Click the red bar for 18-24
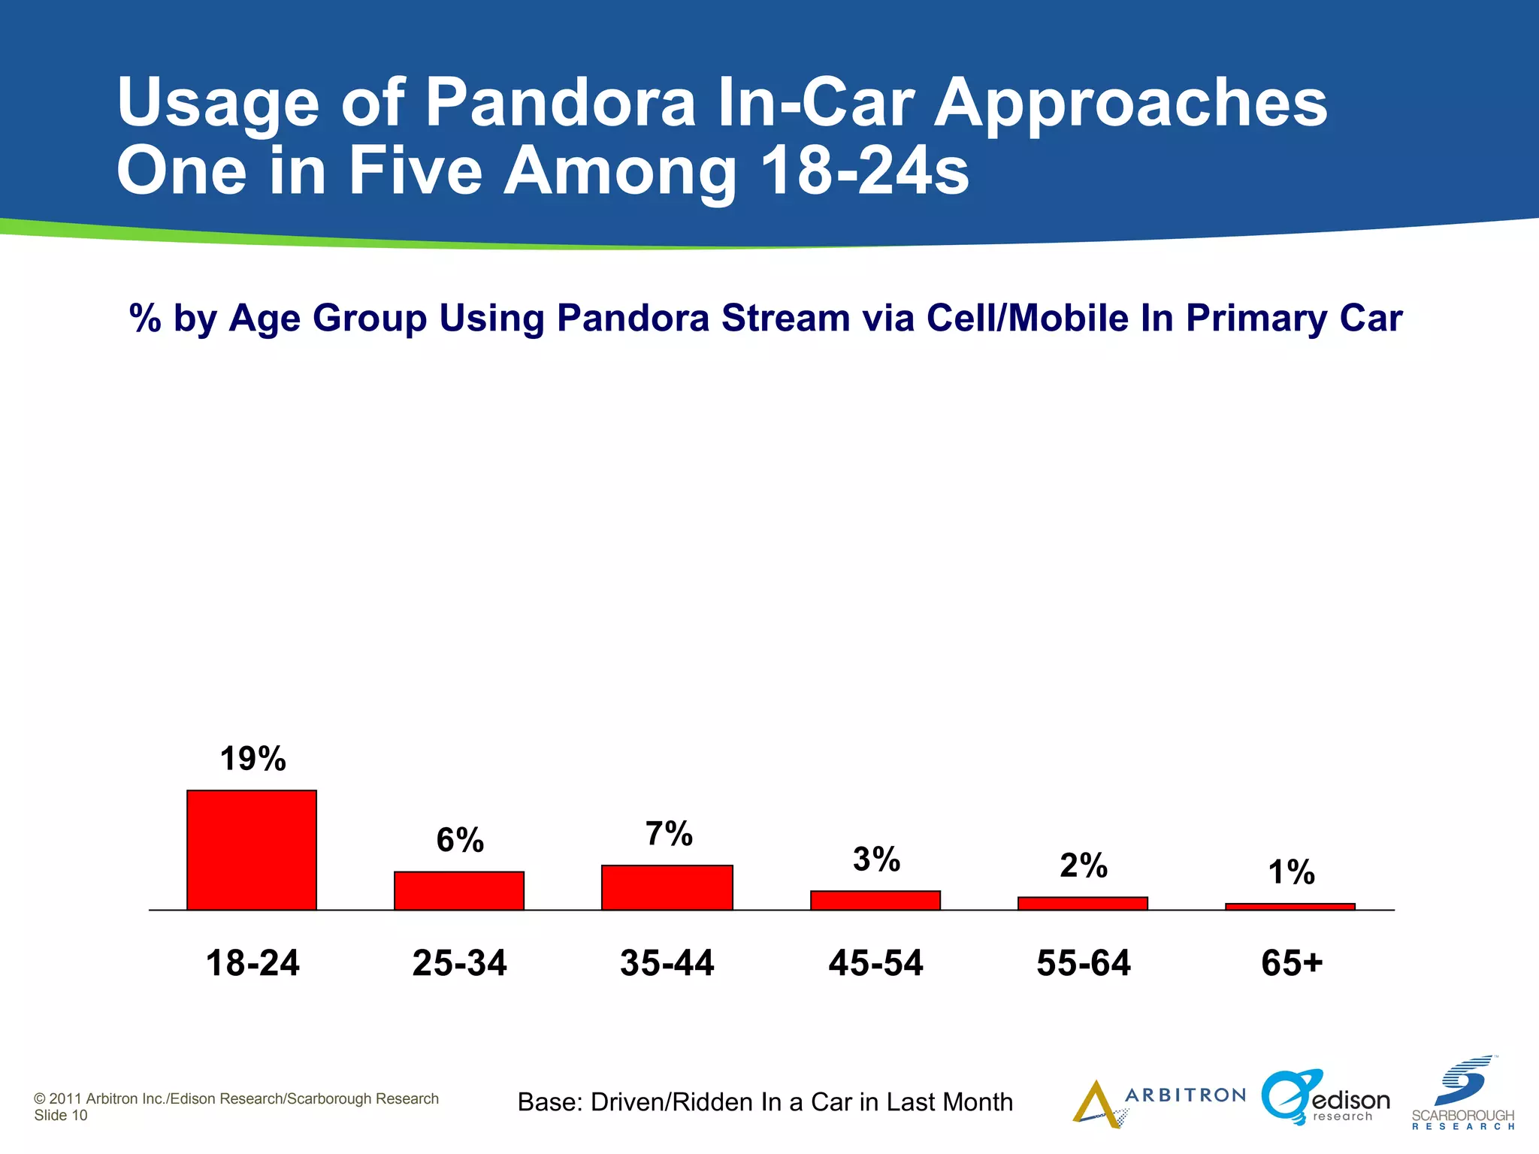point(252,850)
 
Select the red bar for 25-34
point(459,891)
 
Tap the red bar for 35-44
point(667,887)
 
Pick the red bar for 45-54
point(875,900)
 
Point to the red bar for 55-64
point(1083,904)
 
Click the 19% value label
point(252,759)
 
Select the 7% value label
point(669,834)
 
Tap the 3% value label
point(876,859)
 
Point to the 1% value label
point(1291,872)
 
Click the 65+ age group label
point(1291,963)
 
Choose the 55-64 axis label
point(1083,963)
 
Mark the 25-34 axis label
point(459,963)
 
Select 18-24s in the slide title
point(864,171)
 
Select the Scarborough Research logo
point(1463,1094)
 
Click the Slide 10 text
point(61,1116)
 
